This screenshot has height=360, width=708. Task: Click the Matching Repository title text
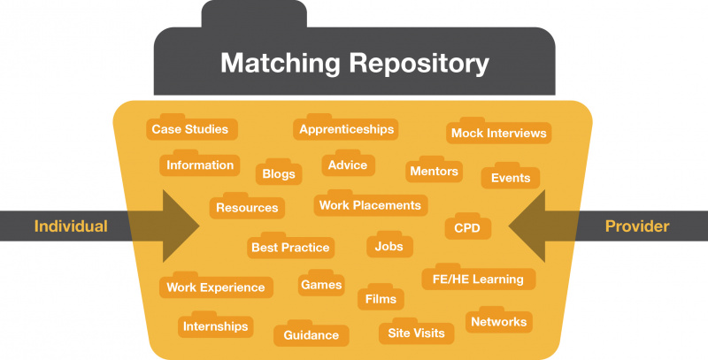(x=354, y=64)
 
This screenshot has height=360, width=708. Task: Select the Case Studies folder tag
(x=189, y=129)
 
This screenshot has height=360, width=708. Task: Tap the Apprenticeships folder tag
(x=346, y=129)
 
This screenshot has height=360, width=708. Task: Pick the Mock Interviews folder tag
(x=498, y=134)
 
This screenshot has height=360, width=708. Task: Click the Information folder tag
(x=200, y=165)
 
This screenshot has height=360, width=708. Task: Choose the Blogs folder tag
(x=279, y=174)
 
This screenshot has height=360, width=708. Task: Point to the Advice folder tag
(x=348, y=165)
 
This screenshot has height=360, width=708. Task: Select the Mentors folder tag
(x=434, y=171)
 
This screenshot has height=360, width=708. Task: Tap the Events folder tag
(x=511, y=178)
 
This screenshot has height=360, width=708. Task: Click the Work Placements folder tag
(x=369, y=205)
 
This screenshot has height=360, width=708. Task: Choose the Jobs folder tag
(x=389, y=246)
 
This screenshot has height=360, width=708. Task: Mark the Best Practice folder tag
(x=290, y=248)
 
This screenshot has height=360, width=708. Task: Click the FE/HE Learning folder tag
(x=478, y=279)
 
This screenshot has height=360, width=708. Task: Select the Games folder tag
(x=321, y=285)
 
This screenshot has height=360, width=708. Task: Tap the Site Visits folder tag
(x=417, y=333)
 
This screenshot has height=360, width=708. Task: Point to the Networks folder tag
(x=499, y=322)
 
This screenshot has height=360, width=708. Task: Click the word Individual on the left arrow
(x=71, y=226)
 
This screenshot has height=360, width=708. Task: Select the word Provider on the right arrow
(x=637, y=226)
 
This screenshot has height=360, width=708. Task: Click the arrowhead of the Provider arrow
(x=531, y=226)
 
